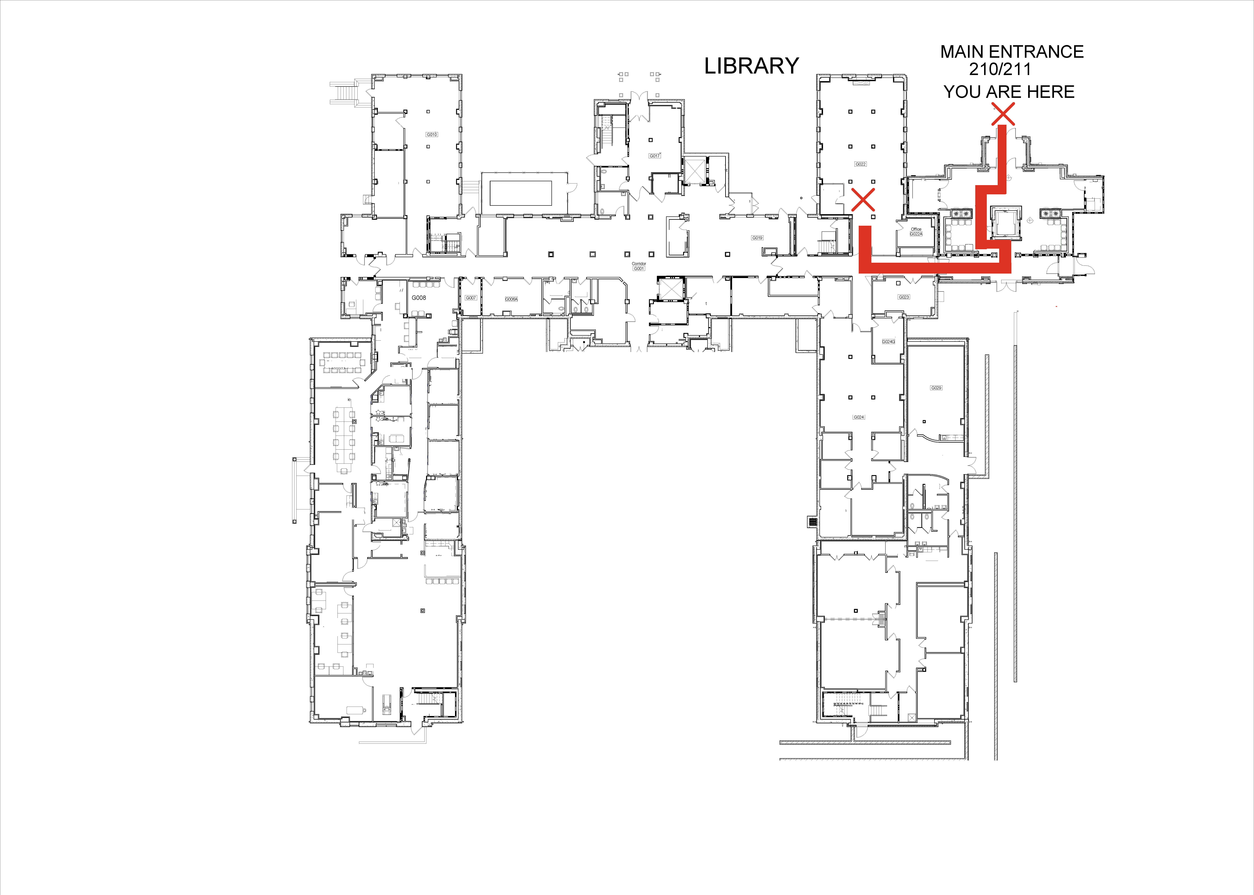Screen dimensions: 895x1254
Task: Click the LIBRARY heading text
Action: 751,66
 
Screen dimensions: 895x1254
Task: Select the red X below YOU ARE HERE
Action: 1003,114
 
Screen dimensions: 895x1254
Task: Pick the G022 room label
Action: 860,164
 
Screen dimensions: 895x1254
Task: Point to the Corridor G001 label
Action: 639,266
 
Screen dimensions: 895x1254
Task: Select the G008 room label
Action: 419,298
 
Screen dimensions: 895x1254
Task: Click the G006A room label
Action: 511,299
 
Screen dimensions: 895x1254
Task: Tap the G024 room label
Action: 859,417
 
